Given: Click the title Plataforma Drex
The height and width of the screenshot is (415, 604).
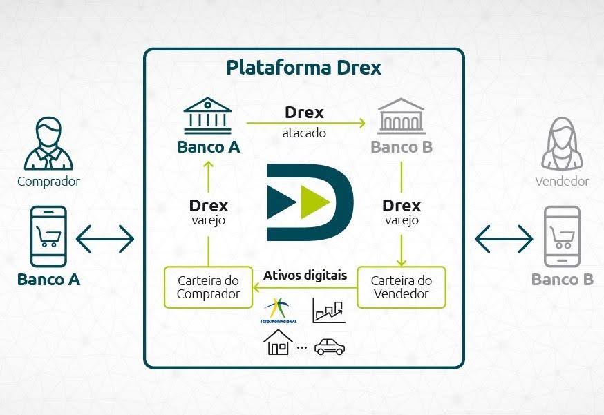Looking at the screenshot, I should (x=303, y=68).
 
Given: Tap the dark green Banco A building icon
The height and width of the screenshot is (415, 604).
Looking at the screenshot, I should (x=208, y=116).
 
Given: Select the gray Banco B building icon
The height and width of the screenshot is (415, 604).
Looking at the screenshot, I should (x=402, y=116).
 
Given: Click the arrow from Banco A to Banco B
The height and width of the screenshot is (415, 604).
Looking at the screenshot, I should (x=304, y=123).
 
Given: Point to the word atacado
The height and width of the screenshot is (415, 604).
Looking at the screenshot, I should (x=304, y=133).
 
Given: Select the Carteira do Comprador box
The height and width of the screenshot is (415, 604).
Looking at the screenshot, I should (x=208, y=287).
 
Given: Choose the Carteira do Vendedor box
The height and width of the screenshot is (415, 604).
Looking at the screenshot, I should (x=401, y=287).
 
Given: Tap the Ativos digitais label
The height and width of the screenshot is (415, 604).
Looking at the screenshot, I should (x=305, y=276).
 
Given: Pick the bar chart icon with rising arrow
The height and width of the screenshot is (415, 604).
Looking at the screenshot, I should (x=328, y=311).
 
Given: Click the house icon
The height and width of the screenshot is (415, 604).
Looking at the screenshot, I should (x=277, y=342).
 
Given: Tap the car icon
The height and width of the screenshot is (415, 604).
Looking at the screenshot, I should (x=329, y=346).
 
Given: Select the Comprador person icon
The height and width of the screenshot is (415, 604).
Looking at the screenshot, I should (x=48, y=144).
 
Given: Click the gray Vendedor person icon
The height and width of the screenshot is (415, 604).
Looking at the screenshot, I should (x=561, y=144).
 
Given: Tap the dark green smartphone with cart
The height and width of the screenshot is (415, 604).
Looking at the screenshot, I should (x=48, y=237).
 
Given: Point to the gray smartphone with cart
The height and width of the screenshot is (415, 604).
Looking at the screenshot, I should (x=562, y=237).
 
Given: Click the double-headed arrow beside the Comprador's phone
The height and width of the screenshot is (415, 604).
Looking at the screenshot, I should (x=104, y=239).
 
